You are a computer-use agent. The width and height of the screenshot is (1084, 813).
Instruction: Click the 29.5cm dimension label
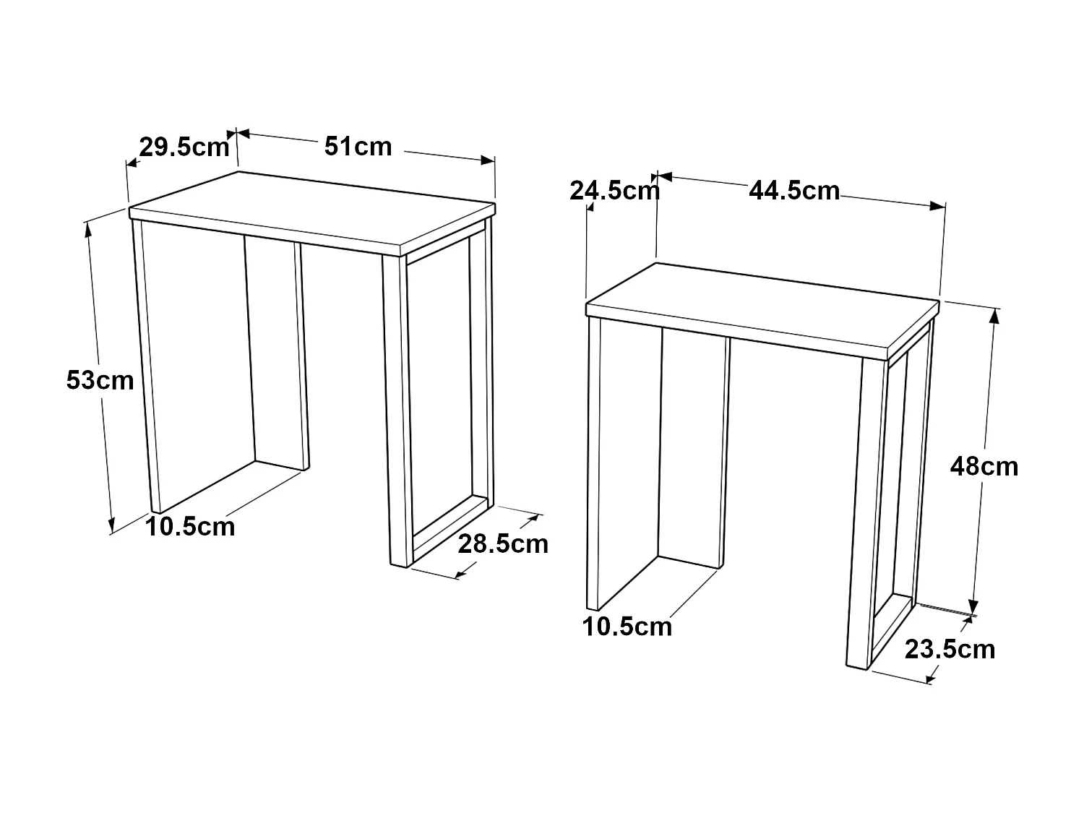pyautogui.click(x=184, y=147)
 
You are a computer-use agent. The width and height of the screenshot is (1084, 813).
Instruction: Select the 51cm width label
pyautogui.click(x=358, y=146)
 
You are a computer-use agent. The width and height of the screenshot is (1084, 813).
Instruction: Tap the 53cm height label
pyautogui.click(x=100, y=379)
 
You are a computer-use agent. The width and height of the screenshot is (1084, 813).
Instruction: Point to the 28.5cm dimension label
pyautogui.click(x=503, y=543)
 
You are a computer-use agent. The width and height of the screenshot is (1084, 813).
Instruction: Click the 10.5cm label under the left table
pyautogui.click(x=191, y=527)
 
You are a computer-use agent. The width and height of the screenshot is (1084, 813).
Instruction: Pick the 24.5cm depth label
pyautogui.click(x=614, y=191)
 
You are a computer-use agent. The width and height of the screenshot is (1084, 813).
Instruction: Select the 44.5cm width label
pyautogui.click(x=794, y=191)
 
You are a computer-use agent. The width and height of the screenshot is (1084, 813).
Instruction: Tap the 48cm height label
pyautogui.click(x=984, y=467)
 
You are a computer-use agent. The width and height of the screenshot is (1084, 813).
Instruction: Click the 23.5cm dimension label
pyautogui.click(x=950, y=649)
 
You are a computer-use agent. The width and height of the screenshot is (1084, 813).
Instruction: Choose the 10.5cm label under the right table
pyautogui.click(x=627, y=627)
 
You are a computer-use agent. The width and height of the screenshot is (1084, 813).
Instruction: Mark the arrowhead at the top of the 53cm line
pyautogui.click(x=89, y=227)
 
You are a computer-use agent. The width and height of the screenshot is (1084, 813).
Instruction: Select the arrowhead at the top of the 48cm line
pyautogui.click(x=996, y=315)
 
